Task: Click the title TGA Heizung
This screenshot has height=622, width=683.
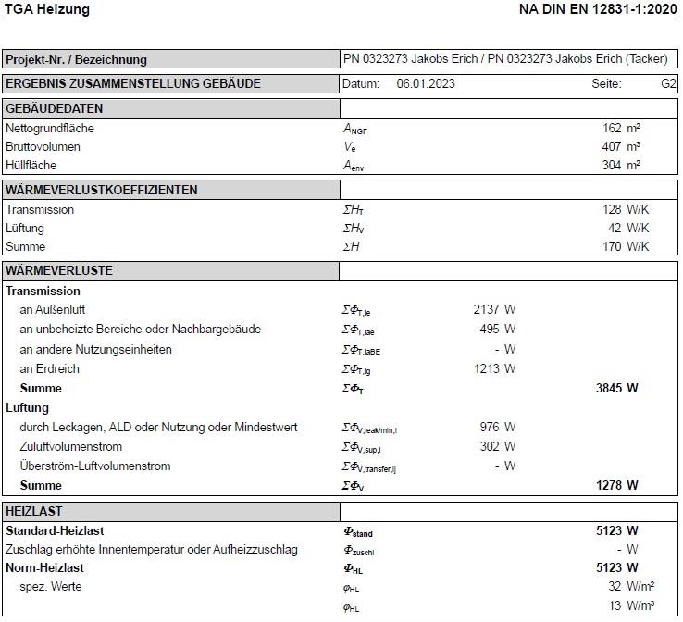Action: (48, 9)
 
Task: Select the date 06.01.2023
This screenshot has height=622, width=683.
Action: (426, 83)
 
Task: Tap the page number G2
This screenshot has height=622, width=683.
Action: (668, 83)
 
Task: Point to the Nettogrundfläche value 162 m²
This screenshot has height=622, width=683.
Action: (621, 129)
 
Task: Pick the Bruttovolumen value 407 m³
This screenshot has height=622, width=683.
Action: (621, 147)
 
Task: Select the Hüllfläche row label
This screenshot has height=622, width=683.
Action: (31, 166)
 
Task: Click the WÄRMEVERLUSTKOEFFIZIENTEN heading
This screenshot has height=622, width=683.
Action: (102, 190)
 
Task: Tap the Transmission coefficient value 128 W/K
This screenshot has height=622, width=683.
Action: (626, 210)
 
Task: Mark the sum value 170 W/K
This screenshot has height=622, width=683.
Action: (626, 247)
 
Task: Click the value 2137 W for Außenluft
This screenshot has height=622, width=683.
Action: (494, 310)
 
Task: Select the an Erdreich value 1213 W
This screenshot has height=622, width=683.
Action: (494, 369)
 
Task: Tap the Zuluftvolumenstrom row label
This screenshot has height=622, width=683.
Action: (71, 447)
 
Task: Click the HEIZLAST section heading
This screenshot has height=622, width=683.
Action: (34, 511)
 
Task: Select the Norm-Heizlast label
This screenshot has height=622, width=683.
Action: (44, 568)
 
